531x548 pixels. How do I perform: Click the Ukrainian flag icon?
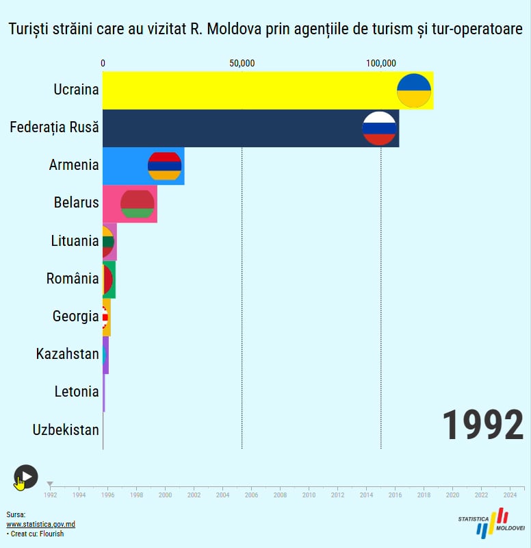pyautogui.click(x=414, y=90)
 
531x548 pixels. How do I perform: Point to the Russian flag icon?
pyautogui.click(x=379, y=128)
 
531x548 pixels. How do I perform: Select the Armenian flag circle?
pyautogui.click(x=165, y=166)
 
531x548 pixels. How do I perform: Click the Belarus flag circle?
pyautogui.click(x=138, y=203)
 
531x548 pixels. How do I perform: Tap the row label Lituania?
pyautogui.click(x=75, y=241)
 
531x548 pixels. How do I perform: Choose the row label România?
pyautogui.click(x=73, y=279)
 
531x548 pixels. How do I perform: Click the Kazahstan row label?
pyautogui.click(x=67, y=354)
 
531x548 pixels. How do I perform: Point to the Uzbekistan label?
pyautogui.click(x=66, y=430)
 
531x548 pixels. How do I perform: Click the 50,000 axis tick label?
pyautogui.click(x=242, y=64)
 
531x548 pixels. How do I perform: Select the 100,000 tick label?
pyautogui.click(x=380, y=64)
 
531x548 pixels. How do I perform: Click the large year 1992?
pyautogui.click(x=482, y=425)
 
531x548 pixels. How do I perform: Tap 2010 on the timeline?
pyautogui.click(x=309, y=495)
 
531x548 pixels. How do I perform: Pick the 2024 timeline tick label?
pyautogui.click(x=510, y=495)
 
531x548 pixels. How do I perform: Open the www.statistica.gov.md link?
pyautogui.click(x=40, y=525)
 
